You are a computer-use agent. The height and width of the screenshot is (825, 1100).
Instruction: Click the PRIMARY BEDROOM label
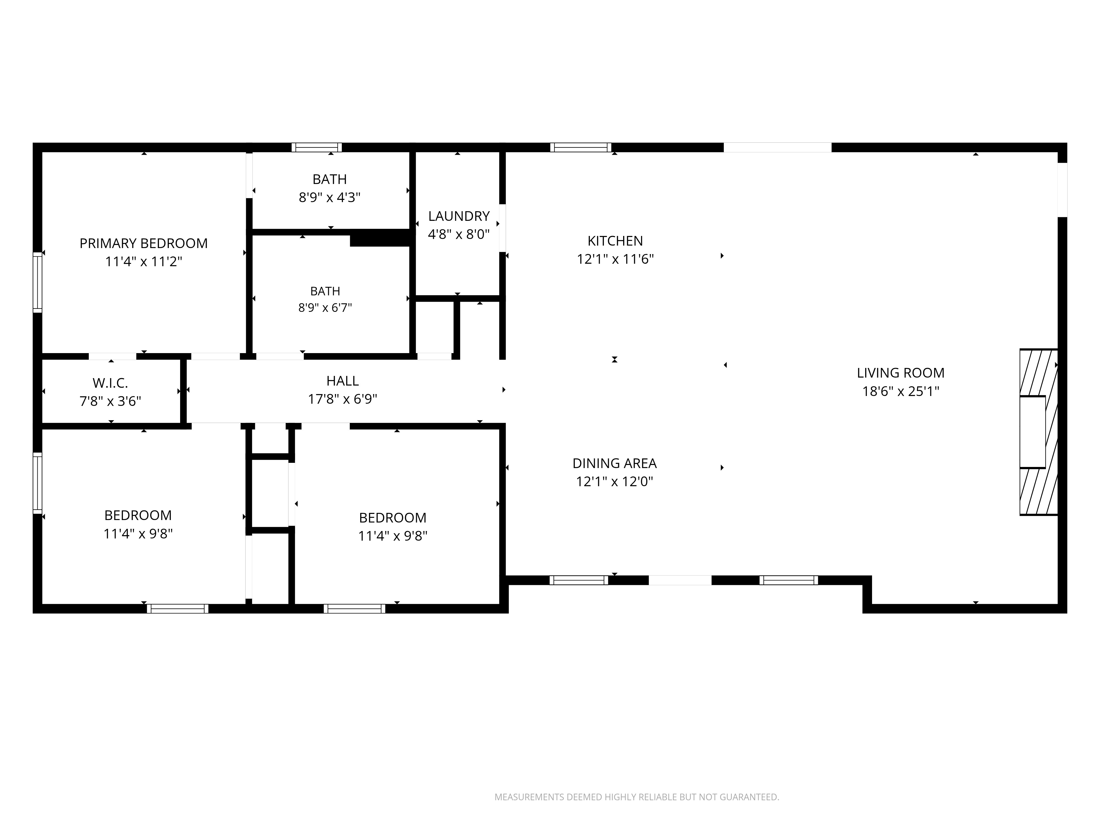click(144, 243)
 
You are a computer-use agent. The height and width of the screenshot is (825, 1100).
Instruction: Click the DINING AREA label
click(615, 463)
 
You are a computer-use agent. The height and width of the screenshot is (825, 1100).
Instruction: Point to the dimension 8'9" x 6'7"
click(325, 308)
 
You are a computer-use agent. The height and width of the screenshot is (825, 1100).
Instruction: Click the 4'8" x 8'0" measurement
click(459, 234)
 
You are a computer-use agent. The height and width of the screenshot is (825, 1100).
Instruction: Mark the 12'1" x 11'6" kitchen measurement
click(615, 259)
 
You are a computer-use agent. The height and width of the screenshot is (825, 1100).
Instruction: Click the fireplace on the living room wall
click(1038, 432)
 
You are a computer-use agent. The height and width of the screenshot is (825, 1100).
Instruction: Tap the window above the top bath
click(317, 147)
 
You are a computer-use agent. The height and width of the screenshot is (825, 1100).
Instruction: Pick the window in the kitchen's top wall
click(581, 147)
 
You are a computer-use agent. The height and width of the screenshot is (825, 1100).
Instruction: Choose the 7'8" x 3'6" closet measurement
click(110, 401)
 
